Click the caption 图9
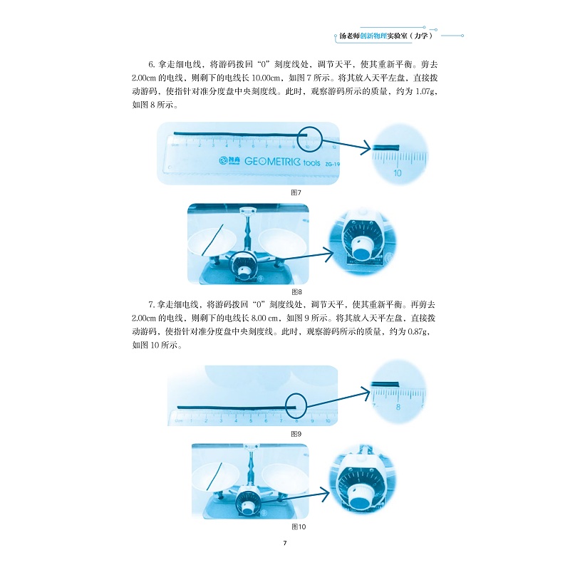pos(296,434)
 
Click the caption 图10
pos(299,527)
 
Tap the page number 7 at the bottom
pos(284,544)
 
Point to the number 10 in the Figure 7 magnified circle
pos(398,172)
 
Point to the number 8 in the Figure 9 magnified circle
pos(398,408)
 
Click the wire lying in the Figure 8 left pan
pos(212,239)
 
